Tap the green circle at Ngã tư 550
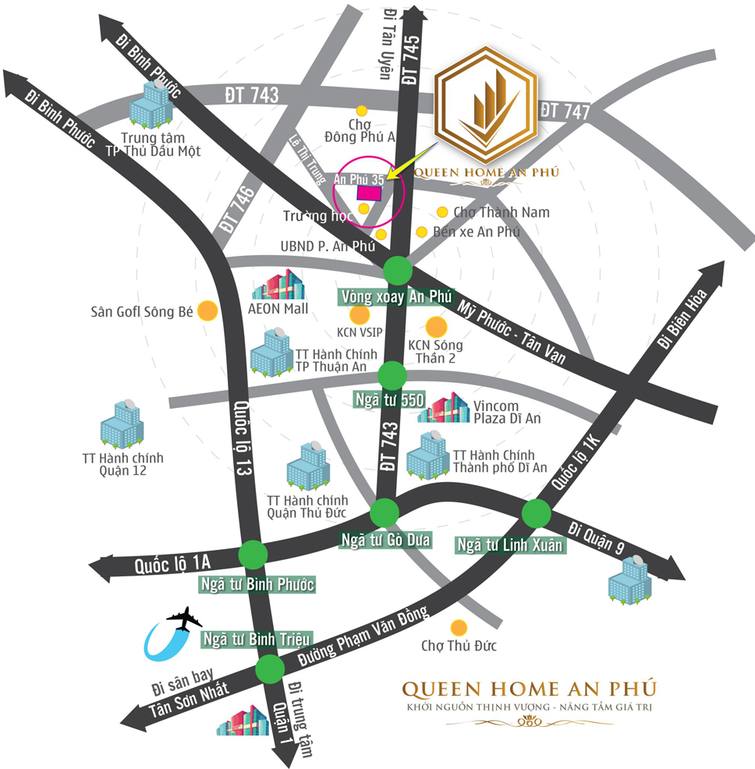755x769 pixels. (392, 376)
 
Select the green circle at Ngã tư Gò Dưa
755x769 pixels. (384, 513)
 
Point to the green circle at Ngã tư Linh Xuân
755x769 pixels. (535, 513)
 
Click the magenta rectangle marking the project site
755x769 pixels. (369, 192)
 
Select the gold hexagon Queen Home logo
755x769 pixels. (485, 108)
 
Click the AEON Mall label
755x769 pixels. (279, 309)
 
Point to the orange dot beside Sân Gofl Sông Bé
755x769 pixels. (207, 311)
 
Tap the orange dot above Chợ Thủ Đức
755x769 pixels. (459, 627)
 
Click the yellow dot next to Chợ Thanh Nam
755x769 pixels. (442, 212)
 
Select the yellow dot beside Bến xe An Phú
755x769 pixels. (421, 232)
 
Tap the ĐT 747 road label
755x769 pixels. (565, 111)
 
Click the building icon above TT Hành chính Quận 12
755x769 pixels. (122, 424)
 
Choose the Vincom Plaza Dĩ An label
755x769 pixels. (508, 412)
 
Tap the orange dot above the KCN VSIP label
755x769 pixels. (359, 315)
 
